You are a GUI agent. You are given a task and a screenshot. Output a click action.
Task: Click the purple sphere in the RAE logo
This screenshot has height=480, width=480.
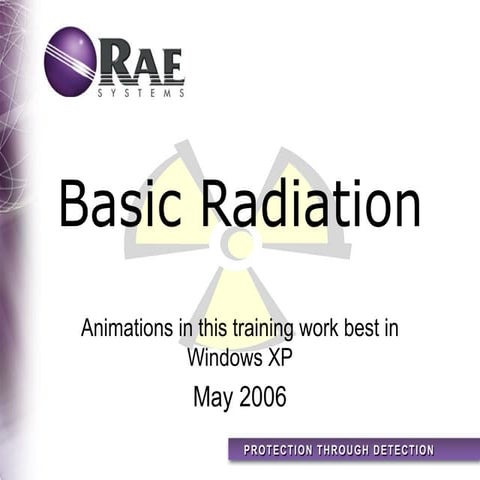70,60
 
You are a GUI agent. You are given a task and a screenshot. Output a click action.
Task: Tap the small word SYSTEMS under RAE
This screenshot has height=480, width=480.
141,94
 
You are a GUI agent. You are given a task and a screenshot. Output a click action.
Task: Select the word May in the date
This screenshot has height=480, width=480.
212,398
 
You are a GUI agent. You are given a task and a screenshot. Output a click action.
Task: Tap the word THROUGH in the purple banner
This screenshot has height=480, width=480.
347,450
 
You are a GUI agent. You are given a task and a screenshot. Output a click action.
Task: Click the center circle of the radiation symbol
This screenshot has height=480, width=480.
238,243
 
